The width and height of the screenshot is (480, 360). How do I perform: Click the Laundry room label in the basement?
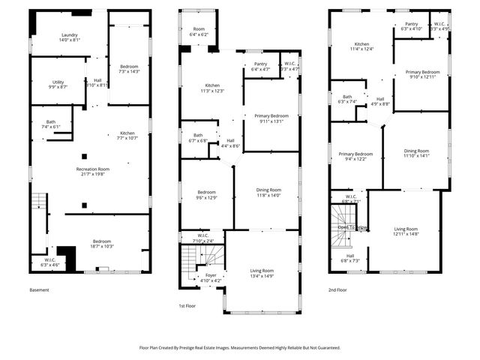tap(70, 35)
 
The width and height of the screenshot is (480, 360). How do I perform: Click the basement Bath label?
tap(50, 122)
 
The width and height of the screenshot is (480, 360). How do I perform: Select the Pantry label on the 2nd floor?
tap(411, 24)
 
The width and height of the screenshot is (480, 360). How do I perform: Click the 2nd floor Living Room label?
tap(406, 229)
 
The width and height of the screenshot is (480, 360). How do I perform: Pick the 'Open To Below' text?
tap(352, 227)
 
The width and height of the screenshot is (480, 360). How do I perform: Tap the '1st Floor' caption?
tap(187, 306)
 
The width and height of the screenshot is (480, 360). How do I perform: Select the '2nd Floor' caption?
tap(337, 289)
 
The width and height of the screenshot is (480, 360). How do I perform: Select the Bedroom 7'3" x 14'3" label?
tap(129, 67)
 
